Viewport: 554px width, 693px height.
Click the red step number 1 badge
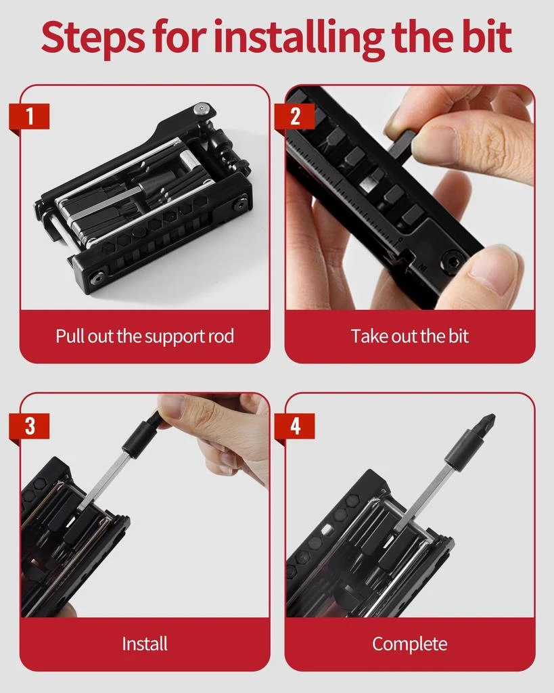tap(29, 116)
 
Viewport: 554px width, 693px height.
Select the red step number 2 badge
tap(294, 116)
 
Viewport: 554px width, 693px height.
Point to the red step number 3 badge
tap(29, 426)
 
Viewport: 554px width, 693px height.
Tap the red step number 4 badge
tap(294, 426)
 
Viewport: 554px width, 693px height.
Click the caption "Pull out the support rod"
tap(144, 336)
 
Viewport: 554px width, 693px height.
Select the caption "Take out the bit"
tap(409, 336)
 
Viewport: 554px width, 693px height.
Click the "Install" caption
tap(144, 644)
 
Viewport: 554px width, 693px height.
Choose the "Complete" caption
tap(409, 644)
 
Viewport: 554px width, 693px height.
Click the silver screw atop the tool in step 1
tap(200, 108)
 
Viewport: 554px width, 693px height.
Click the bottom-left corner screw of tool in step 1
tap(98, 276)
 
